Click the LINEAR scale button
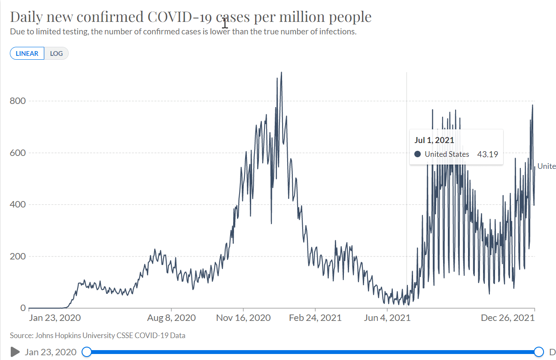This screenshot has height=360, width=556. [27, 54]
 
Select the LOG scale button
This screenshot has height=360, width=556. [56, 54]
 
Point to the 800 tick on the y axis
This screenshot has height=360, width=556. [17, 101]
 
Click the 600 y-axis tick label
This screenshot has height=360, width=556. [17, 153]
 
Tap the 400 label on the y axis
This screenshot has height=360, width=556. [17, 204]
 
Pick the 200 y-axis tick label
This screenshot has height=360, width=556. [17, 256]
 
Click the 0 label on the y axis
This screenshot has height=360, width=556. [23, 308]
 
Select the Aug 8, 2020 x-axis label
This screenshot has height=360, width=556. [171, 318]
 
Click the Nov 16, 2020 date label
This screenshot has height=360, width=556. [243, 318]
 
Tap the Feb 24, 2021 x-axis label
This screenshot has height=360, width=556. [315, 318]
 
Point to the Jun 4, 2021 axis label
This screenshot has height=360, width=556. [387, 318]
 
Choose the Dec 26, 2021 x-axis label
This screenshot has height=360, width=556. [507, 318]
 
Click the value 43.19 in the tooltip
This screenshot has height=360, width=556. [487, 154]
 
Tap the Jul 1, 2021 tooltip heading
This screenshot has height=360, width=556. [434, 140]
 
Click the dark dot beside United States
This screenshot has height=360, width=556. [417, 154]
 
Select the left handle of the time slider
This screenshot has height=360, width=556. [86, 352]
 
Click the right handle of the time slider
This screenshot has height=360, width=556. [539, 352]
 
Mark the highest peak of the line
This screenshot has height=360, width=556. [281, 72]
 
